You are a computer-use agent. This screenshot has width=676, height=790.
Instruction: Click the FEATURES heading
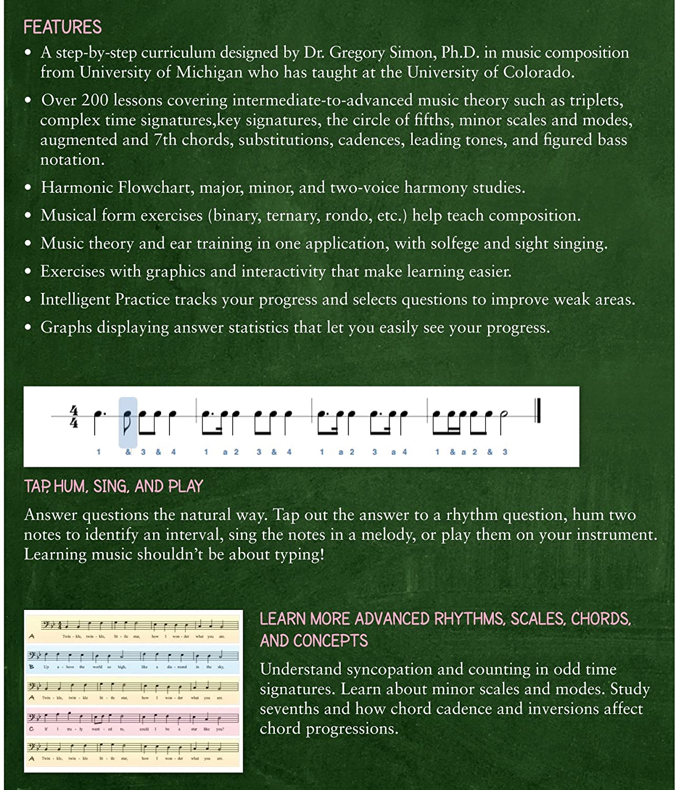pos(63,27)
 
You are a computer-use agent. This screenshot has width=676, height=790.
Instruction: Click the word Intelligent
pos(75,299)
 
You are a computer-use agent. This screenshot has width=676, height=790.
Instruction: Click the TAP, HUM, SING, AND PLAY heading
pos(113,486)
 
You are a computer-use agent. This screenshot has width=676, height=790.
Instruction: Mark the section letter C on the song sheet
pos(32,729)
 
